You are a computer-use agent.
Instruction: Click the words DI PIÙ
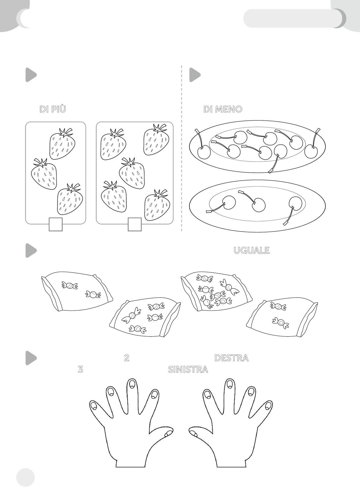(53, 109)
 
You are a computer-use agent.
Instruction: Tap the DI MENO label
(223, 109)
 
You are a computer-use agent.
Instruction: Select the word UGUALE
(252, 250)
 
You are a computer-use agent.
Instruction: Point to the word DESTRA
(231, 358)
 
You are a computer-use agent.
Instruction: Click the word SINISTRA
(188, 369)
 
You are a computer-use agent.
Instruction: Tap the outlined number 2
(127, 358)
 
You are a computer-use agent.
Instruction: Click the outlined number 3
(80, 369)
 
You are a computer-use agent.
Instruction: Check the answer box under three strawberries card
(55, 224)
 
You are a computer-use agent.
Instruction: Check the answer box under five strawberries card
(135, 224)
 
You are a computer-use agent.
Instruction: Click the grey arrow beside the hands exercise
(31, 358)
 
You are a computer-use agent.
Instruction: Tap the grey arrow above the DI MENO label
(195, 75)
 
